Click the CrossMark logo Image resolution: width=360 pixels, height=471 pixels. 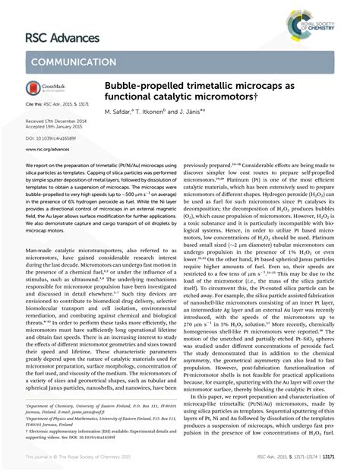click(48, 90)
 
